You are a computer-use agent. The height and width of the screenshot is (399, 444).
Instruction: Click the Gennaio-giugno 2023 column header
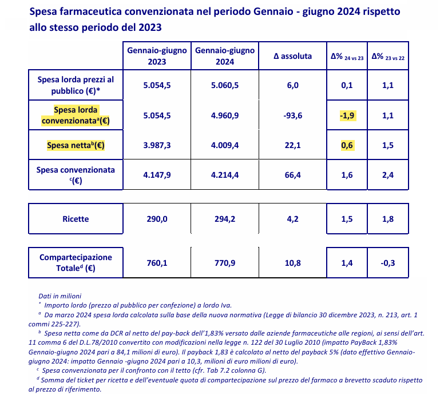[157, 56]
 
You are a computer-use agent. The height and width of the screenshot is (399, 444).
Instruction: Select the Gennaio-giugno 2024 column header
[225, 56]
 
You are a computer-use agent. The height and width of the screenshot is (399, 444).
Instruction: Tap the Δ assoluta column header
[292, 56]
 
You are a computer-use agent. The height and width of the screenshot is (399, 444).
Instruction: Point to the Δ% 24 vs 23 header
[347, 57]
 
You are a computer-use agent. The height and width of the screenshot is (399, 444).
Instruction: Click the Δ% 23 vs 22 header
[388, 57]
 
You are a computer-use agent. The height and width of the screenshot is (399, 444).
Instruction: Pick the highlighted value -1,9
[348, 115]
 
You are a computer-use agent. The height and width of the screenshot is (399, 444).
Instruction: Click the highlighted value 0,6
[347, 145]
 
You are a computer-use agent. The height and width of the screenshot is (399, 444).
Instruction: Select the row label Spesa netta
[76, 145]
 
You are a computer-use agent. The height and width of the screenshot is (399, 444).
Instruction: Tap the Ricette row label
[76, 219]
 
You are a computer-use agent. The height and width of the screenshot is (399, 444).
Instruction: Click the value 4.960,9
[225, 115]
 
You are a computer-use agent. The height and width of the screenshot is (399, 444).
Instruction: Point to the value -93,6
[293, 115]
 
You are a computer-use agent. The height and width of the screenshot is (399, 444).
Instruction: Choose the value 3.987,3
[157, 145]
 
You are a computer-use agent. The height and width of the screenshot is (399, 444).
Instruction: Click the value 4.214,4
[225, 175]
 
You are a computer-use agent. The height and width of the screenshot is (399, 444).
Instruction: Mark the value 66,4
[293, 175]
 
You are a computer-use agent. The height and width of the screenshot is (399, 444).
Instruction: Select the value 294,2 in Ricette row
[225, 219]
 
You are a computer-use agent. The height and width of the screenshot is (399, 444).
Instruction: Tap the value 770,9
[225, 263]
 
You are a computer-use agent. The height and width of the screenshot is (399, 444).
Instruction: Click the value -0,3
[388, 263]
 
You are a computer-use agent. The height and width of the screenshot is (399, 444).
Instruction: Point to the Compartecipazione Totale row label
[76, 262]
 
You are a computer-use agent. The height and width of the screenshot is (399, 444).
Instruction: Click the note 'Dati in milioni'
[60, 296]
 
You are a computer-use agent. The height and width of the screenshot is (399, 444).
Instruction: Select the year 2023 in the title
[150, 27]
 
